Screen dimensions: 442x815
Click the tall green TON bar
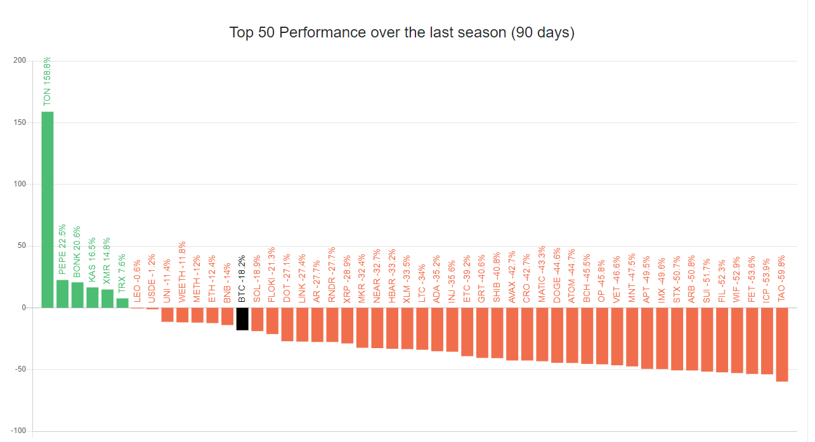click(x=48, y=209)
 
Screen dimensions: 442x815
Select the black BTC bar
click(x=242, y=319)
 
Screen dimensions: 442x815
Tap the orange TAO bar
click(x=782, y=344)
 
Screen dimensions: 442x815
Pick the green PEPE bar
click(x=62, y=294)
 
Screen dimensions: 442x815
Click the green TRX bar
click(x=122, y=303)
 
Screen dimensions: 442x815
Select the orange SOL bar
click(x=257, y=319)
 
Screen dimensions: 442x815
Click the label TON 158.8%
click(x=48, y=81)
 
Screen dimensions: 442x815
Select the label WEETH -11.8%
click(x=182, y=271)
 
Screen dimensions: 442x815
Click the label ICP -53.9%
click(x=767, y=271)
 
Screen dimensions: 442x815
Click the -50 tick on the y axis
click(x=20, y=369)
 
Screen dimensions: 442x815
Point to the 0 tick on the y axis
click(x=23, y=308)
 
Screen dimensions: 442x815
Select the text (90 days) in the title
click(x=542, y=32)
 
